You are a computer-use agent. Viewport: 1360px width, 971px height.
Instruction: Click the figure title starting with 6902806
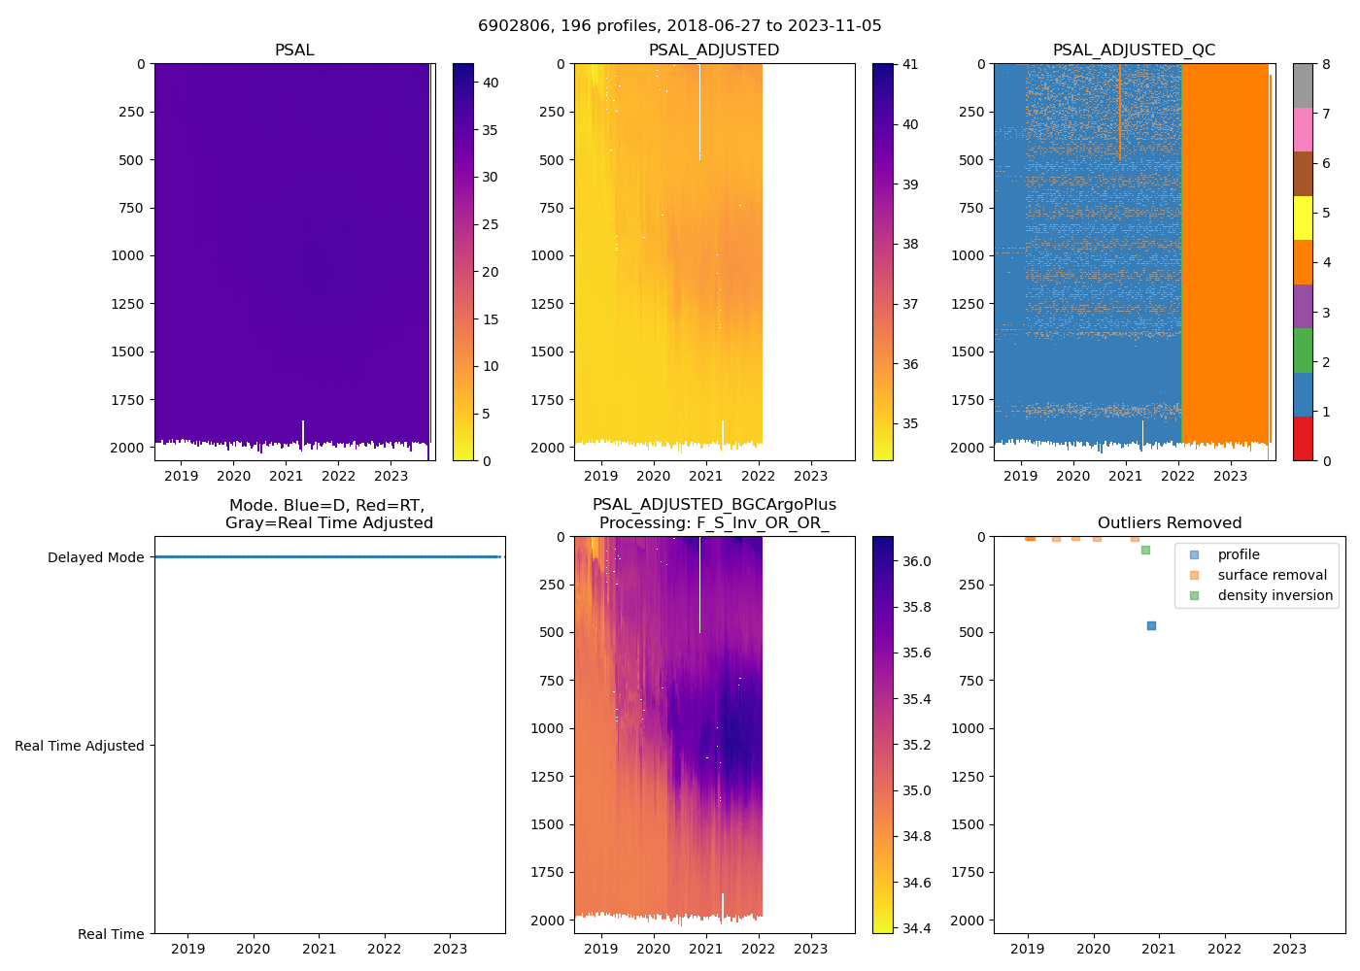click(679, 26)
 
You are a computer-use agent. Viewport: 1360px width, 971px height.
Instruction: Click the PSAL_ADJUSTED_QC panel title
click(1134, 50)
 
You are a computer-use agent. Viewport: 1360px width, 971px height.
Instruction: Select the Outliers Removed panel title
click(1169, 523)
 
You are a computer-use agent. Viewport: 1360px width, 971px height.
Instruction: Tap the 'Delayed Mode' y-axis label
click(95, 557)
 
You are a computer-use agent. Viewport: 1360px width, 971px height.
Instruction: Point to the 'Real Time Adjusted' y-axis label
click(79, 746)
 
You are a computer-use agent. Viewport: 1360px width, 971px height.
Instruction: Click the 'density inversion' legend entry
click(1275, 595)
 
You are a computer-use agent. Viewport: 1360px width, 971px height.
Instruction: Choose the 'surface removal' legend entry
click(1272, 575)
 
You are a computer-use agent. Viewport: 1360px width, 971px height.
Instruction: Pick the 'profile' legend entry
click(1239, 554)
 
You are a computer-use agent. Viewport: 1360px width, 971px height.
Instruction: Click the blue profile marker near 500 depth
click(1151, 626)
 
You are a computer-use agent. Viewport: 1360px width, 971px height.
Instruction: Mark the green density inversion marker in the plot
click(1145, 551)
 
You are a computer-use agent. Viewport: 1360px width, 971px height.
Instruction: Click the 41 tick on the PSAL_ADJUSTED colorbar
click(910, 65)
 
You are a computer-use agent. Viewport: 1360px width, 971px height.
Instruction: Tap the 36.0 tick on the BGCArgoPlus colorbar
click(917, 561)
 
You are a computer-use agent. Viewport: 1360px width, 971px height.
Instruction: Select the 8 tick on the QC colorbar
click(1326, 65)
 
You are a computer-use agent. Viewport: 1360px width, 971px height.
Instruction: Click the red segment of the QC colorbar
click(1303, 439)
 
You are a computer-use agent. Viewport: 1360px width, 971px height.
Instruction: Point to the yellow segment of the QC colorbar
click(1303, 218)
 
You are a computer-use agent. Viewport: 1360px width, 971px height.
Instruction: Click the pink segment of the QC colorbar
click(1303, 129)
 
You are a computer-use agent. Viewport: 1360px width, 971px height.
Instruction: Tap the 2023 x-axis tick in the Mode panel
click(450, 949)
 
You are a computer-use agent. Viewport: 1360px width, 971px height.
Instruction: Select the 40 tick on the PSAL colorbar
click(491, 83)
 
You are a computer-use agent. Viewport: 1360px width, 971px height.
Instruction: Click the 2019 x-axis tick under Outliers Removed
click(1028, 949)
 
